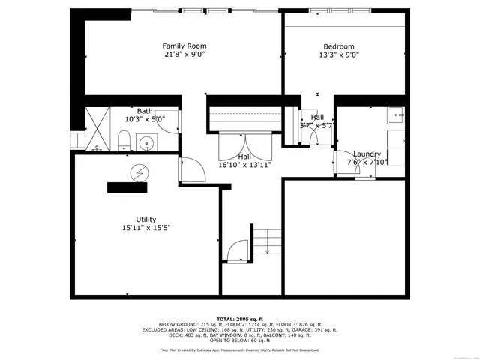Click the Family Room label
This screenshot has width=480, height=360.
[184, 46]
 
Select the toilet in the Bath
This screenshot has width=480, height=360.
[124, 140]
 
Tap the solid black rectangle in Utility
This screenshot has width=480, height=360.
[127, 187]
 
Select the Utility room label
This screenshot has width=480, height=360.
[146, 220]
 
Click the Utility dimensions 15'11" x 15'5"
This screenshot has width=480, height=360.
[146, 228]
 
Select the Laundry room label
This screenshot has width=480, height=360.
[367, 154]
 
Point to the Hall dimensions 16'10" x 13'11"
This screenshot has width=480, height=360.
[244, 165]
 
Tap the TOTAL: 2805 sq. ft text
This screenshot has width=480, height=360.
[239, 319]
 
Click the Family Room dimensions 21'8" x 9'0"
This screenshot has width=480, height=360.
[184, 55]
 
